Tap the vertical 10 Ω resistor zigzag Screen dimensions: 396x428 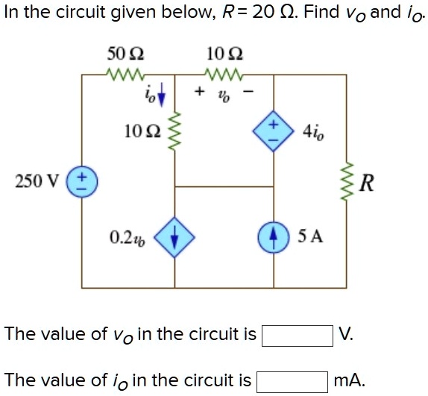(176, 133)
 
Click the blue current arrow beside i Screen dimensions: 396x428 (160, 97)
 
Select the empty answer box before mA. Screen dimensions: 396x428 (292, 381)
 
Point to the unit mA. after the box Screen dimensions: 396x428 (349, 381)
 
